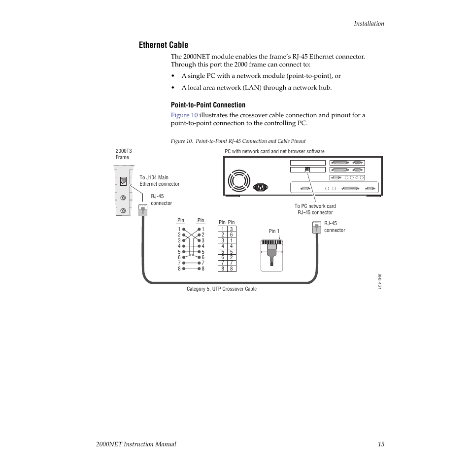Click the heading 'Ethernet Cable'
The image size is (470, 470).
coord(163,45)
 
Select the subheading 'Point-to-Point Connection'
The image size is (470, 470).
coord(208,105)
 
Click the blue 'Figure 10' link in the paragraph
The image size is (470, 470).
coord(184,115)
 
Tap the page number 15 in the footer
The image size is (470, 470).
coord(381,444)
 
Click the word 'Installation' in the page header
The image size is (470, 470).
coord(369,23)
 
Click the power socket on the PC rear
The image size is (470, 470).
coord(260,187)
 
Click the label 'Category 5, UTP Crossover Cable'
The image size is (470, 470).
coord(221,289)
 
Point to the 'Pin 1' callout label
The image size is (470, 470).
coord(274,231)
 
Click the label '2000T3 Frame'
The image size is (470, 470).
coord(124,154)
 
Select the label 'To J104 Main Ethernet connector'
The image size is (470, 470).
coord(159,181)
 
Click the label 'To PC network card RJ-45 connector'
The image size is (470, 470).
coord(315,209)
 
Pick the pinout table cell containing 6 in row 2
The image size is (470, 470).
coord(231,235)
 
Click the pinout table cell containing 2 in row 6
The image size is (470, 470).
coord(231,257)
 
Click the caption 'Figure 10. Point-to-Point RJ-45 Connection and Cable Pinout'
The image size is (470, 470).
coord(238,141)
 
